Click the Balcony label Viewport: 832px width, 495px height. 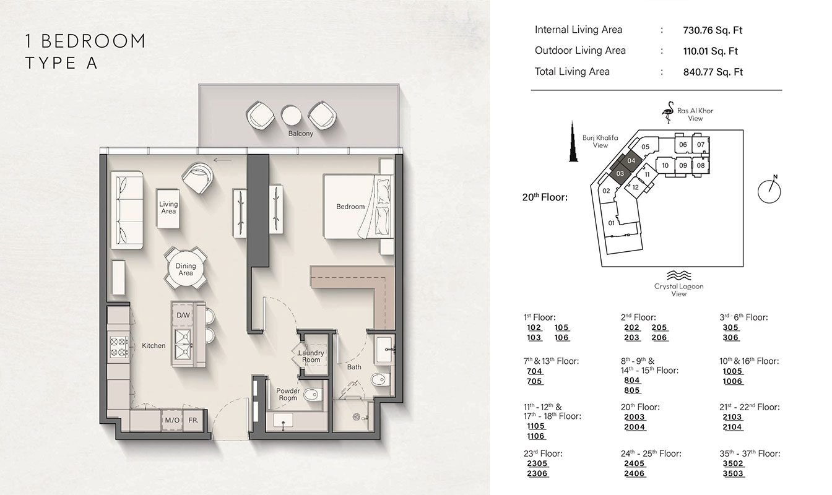300,134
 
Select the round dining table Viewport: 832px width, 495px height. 185,270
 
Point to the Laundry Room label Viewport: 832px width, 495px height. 311,356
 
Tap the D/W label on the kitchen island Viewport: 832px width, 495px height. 183,316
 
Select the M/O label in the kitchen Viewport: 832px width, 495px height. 171,421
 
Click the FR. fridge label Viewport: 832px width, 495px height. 193,421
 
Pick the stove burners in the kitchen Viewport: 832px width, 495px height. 118,345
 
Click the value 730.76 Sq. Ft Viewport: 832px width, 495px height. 711,30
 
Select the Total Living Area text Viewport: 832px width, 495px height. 572,72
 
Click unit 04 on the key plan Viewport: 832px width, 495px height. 631,160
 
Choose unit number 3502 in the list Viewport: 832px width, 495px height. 734,463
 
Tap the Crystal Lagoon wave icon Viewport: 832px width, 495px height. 678,275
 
